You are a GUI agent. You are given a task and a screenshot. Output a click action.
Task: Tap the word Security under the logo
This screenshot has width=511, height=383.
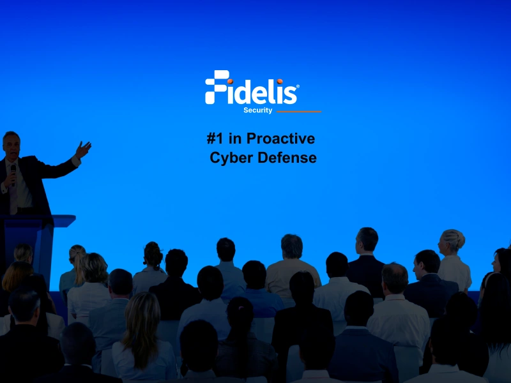coord(257,110)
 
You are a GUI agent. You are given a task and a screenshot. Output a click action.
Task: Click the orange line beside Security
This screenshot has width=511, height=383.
coord(298,111)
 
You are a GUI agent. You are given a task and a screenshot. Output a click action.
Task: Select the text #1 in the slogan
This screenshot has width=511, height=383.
coord(216,139)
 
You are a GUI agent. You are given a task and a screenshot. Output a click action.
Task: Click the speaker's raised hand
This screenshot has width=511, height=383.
coord(83,150)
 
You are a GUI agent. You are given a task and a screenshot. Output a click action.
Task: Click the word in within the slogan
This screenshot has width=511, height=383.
coord(234,139)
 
